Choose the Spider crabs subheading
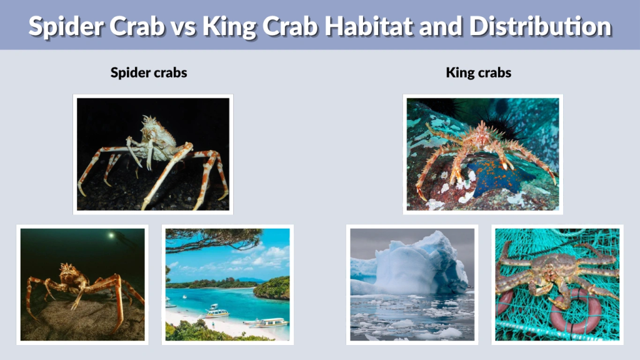click(149, 72)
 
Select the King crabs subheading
click(479, 72)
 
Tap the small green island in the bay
click(272, 288)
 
